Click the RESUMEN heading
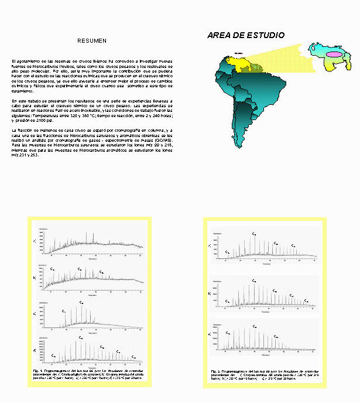pyautogui.click(x=92, y=41)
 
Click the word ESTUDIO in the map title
pyautogui.click(x=265, y=36)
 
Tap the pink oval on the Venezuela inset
pyautogui.click(x=334, y=54)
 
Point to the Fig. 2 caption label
pyautogui.click(x=215, y=371)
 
